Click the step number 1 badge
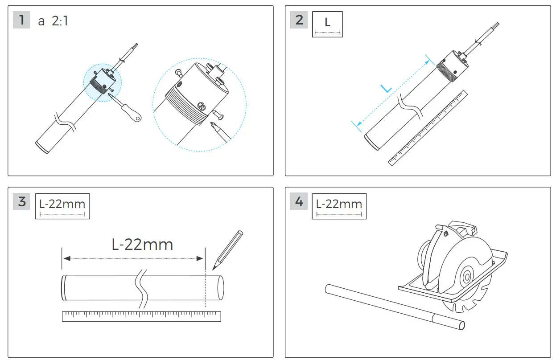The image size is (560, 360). click(21, 20)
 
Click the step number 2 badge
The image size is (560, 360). click(299, 20)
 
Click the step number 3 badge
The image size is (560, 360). click(22, 202)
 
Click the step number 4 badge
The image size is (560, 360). click(299, 202)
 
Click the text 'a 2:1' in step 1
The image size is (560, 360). click(53, 21)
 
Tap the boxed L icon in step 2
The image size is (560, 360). click(327, 25)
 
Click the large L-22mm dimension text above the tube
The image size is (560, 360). click(142, 244)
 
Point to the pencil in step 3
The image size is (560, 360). click(228, 250)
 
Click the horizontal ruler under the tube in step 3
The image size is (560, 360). click(141, 316)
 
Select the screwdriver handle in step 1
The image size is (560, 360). click(135, 114)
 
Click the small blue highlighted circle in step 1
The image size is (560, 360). click(103, 83)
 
